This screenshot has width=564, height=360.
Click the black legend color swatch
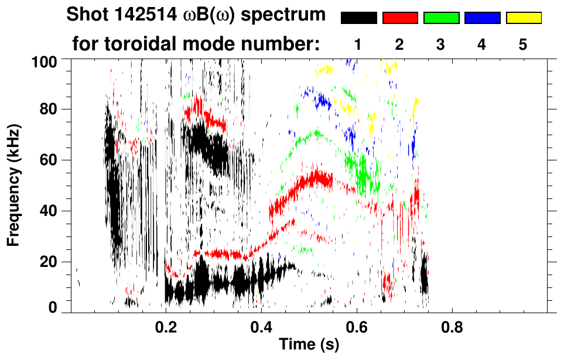coord(359,18)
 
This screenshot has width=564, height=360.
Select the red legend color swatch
coord(400,18)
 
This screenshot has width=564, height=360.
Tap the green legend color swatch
coord(441,18)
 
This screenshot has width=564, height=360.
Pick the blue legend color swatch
coord(482,18)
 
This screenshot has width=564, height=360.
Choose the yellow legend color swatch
coord(524,18)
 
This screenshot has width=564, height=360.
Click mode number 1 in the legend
coord(358,45)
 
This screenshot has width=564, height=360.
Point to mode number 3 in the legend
coord(441,45)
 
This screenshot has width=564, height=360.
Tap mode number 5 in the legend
coord(524,45)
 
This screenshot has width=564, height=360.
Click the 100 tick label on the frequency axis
coord(52,60)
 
